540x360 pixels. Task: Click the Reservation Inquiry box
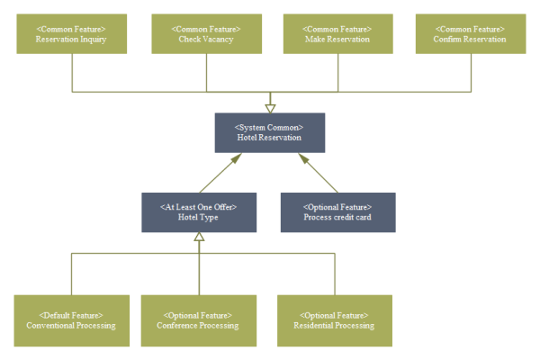[x=71, y=33]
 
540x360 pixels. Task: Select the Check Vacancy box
[x=205, y=33]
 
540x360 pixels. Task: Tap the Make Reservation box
[x=338, y=33]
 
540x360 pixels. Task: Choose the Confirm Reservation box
[x=471, y=33]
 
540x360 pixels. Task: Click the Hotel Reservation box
[x=269, y=132]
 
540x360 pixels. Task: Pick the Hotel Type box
[x=199, y=212]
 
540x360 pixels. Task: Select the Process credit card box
[x=337, y=212]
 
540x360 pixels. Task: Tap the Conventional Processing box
[x=72, y=320]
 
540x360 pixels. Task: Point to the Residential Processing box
[x=335, y=320]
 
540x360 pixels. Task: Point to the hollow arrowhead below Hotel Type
[x=200, y=238]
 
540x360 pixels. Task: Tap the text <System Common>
[x=269, y=127]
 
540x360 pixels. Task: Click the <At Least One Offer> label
[x=199, y=207]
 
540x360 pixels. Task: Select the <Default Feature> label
[x=72, y=315]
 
